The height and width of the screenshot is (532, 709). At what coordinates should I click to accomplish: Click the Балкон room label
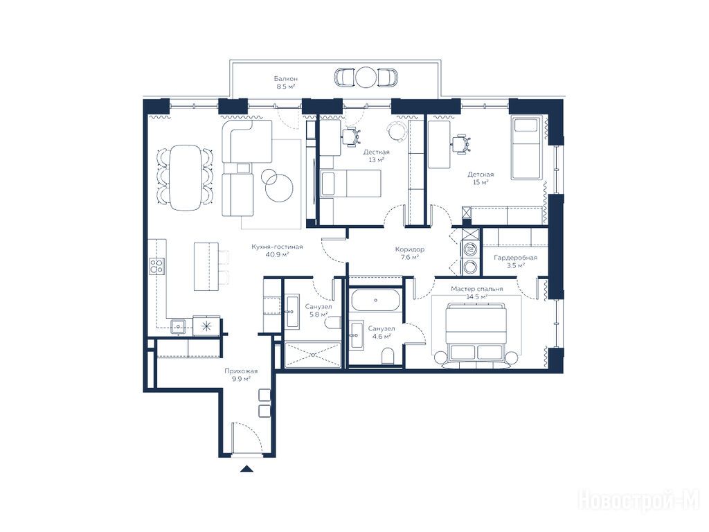click(x=286, y=79)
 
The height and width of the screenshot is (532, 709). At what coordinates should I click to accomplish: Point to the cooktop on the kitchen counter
click(x=157, y=266)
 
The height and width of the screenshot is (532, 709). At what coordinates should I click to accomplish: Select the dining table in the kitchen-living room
click(x=186, y=177)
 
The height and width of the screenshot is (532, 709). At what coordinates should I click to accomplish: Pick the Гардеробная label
click(x=515, y=258)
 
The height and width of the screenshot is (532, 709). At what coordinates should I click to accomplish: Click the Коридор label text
click(x=410, y=249)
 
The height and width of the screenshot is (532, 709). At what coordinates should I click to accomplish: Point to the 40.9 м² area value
click(x=277, y=255)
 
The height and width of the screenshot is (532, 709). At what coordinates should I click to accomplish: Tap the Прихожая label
click(x=238, y=371)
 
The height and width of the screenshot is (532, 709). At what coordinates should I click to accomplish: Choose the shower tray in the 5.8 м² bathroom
click(x=313, y=355)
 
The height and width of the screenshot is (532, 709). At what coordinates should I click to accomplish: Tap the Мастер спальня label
click(x=476, y=289)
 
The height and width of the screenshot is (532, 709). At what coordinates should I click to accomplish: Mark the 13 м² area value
click(x=376, y=160)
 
